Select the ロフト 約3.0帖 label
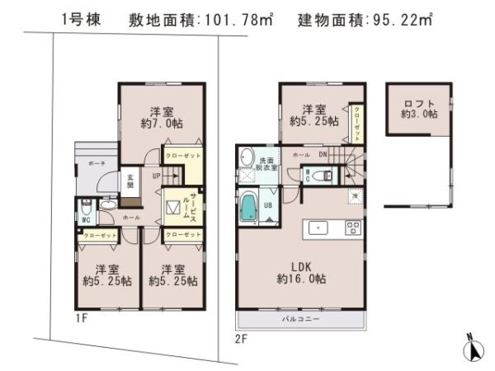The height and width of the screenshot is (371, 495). [x=418, y=108]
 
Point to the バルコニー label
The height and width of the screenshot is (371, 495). [x=299, y=318]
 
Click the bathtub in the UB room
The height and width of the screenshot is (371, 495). [x=248, y=206]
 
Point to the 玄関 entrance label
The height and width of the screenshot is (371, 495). [x=130, y=180]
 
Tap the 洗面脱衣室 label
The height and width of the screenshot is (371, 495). [x=270, y=162]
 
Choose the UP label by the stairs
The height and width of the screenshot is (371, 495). [x=156, y=175]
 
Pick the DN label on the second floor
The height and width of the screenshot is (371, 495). [x=323, y=154]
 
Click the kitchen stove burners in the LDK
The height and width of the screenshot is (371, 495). [x=352, y=228]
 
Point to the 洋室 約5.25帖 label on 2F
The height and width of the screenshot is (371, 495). [x=313, y=115]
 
